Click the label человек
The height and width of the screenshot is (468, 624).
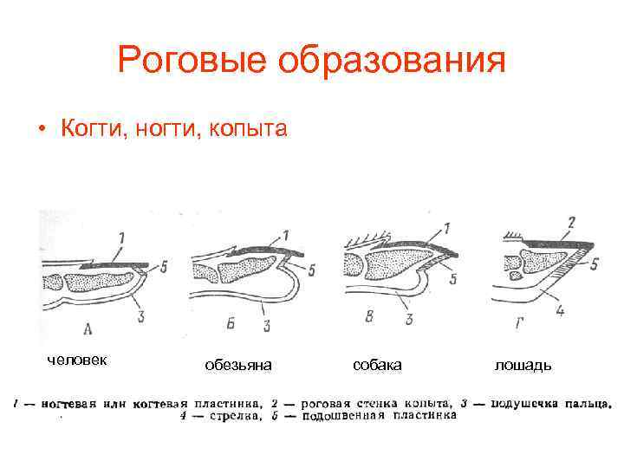pos(77,359)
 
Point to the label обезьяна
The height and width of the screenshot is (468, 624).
pos(238,366)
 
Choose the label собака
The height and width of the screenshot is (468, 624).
pos(378,366)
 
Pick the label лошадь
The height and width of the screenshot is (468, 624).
pos(523,366)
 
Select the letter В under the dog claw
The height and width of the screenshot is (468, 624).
pos(370,318)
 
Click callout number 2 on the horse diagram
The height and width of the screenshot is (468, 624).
pos(570,222)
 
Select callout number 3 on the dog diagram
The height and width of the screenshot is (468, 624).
pos(407,320)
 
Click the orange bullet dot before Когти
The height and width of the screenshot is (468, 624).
pos(41,131)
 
